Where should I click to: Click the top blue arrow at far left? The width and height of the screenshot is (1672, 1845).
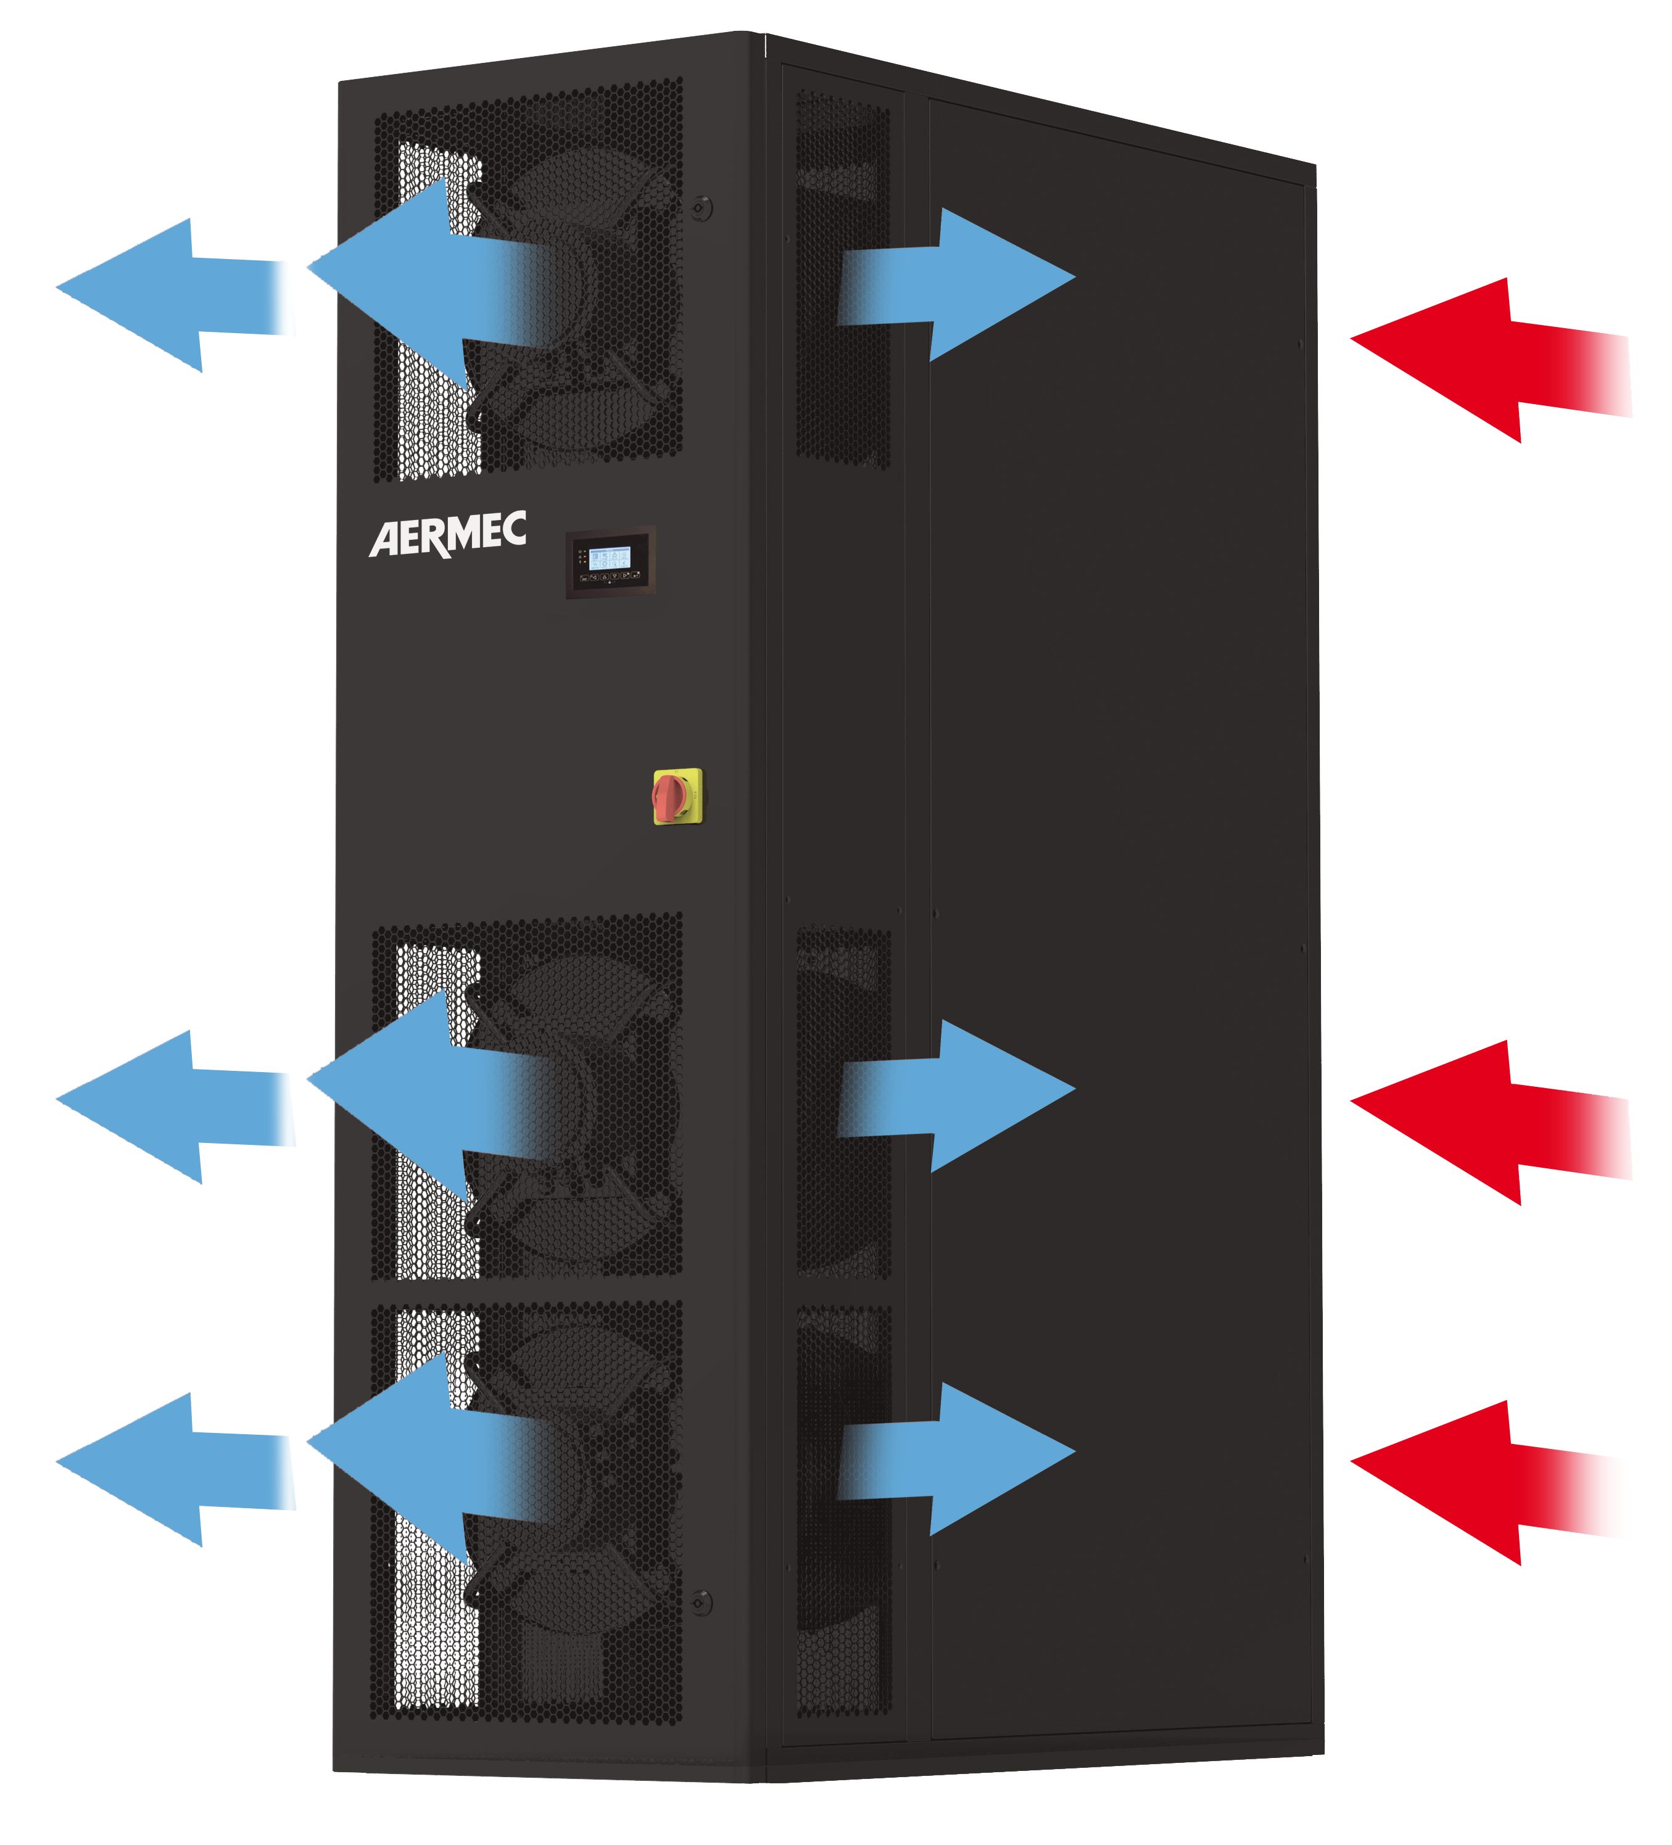point(165,295)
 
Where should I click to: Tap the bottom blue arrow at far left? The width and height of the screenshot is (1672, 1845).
point(165,1470)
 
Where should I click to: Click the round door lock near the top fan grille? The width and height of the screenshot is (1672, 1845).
point(701,208)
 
